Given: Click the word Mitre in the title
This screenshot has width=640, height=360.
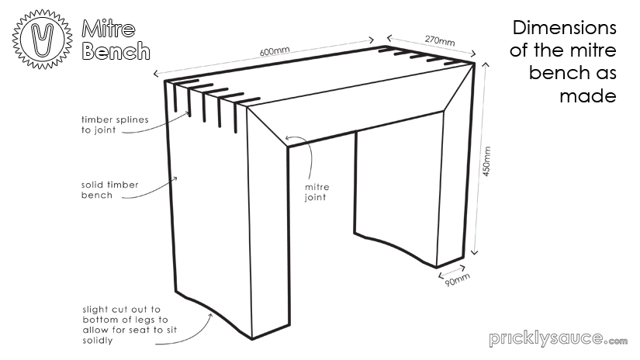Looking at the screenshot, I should (109, 29).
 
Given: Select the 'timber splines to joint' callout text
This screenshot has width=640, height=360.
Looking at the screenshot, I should (115, 125).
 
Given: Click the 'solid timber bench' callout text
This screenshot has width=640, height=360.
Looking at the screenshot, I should (109, 191).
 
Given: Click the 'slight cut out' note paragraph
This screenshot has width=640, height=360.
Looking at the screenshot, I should (124, 318).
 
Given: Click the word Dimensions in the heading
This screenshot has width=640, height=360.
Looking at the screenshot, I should (565, 29).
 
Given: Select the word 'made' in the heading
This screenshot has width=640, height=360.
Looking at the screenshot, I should (588, 95).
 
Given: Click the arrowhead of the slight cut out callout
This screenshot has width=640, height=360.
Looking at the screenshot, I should (215, 311).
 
